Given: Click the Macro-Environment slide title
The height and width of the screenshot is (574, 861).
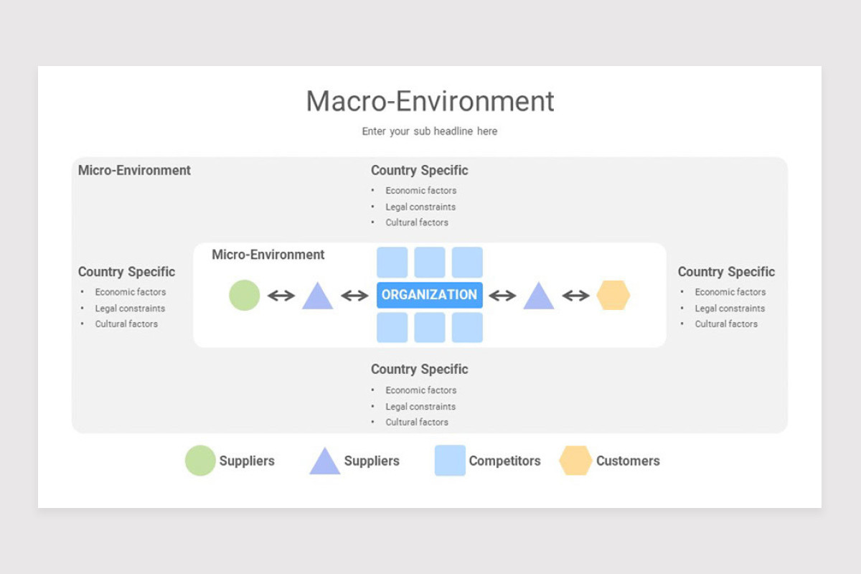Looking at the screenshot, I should tap(430, 101).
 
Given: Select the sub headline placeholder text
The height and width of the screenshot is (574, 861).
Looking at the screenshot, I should tap(430, 131).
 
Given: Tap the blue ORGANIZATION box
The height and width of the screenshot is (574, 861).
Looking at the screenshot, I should tap(430, 295).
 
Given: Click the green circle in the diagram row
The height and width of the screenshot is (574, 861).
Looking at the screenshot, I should tap(244, 295).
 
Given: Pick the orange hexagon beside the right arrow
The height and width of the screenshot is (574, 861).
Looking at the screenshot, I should tap(613, 295).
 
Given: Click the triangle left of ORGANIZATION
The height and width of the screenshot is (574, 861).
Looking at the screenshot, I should tap(317, 297).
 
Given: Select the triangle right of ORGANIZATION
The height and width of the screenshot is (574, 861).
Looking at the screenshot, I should tap(538, 297).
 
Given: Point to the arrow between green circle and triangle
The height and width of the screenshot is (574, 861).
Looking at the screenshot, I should tap(281, 296).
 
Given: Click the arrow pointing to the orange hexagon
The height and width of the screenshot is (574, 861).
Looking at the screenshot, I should tap(575, 296).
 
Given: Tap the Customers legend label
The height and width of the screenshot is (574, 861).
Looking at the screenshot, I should tap(628, 461).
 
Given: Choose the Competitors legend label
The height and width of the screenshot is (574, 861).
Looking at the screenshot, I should tap(504, 461).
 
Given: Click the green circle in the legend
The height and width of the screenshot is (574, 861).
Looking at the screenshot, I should tap(200, 461).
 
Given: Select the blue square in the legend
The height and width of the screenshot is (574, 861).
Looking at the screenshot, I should tap(450, 461).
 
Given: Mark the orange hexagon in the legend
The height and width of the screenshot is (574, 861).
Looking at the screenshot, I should tap(575, 461).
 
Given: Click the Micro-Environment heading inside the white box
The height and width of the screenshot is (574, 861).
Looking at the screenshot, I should tap(268, 255).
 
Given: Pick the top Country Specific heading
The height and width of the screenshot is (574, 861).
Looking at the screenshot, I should tap(419, 171).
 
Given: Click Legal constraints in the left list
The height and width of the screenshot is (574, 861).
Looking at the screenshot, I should tap(130, 309).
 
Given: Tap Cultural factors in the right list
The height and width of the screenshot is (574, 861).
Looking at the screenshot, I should tap(726, 324).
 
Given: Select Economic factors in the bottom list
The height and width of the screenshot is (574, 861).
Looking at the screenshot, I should tap(420, 390).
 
